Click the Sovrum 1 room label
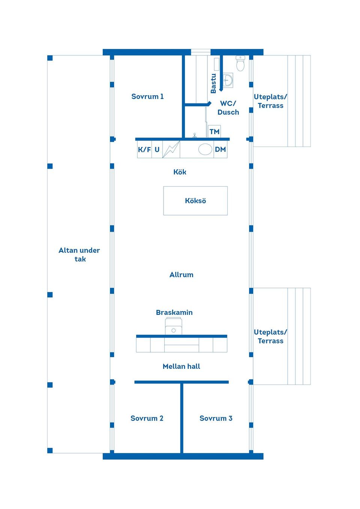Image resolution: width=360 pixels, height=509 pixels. point(147,97)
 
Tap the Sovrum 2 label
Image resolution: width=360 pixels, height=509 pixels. point(147,418)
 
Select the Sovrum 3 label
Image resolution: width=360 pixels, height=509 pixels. point(216,418)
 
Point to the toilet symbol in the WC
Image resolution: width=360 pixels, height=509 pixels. point(240,63)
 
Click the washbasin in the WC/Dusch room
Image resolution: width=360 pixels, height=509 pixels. point(228,80)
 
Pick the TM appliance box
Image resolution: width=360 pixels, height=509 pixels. point(214,131)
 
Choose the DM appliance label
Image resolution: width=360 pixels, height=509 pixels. point(220,150)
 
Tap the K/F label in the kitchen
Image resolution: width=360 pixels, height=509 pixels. point(144,150)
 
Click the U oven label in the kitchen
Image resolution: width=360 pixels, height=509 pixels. point(157,150)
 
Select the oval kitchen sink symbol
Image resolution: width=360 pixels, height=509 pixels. point(205,149)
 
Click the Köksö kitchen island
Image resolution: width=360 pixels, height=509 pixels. point(195,201)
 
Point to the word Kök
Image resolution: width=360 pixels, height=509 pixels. point(180,172)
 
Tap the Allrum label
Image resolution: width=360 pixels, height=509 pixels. point(181,275)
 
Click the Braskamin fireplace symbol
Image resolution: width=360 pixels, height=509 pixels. point(173,326)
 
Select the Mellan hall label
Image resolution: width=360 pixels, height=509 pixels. point(181,366)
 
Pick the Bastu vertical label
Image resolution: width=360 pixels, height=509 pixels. point(213,83)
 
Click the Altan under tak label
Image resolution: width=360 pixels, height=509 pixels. point(79,255)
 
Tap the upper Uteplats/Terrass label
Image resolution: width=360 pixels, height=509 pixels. point(270,101)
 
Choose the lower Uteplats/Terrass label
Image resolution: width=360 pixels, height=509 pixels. point(270,337)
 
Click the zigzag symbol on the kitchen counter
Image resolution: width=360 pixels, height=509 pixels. point(171,149)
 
